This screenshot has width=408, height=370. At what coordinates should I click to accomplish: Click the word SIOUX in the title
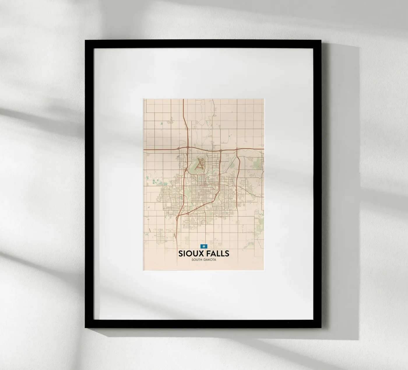[191, 253]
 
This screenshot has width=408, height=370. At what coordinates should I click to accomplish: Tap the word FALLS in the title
[217, 253]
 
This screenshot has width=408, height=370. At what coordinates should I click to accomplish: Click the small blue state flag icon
[203, 246]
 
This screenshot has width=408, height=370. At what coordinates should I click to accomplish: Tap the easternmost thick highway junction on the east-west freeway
[237, 150]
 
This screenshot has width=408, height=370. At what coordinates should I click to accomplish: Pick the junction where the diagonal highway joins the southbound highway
[178, 216]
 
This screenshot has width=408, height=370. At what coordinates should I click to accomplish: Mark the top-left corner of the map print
[143, 99]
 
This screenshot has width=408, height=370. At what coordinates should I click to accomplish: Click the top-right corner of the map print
[264, 99]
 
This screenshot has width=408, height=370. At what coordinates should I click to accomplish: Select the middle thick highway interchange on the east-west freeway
[221, 150]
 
